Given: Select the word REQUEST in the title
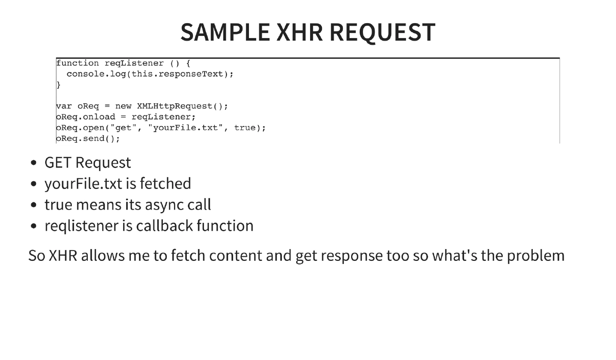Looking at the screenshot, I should (x=382, y=32).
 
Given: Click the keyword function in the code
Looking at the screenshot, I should (x=78, y=63).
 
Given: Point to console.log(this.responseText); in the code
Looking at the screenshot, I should (x=150, y=74).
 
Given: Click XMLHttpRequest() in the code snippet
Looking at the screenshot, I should (x=182, y=106).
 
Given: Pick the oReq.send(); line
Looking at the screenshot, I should (x=88, y=139).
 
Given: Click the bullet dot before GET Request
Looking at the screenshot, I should (x=33, y=163).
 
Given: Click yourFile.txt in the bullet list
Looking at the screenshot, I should (x=83, y=184).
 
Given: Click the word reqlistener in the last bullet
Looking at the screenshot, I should (x=82, y=226).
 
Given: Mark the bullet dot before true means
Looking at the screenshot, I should (x=33, y=205).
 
